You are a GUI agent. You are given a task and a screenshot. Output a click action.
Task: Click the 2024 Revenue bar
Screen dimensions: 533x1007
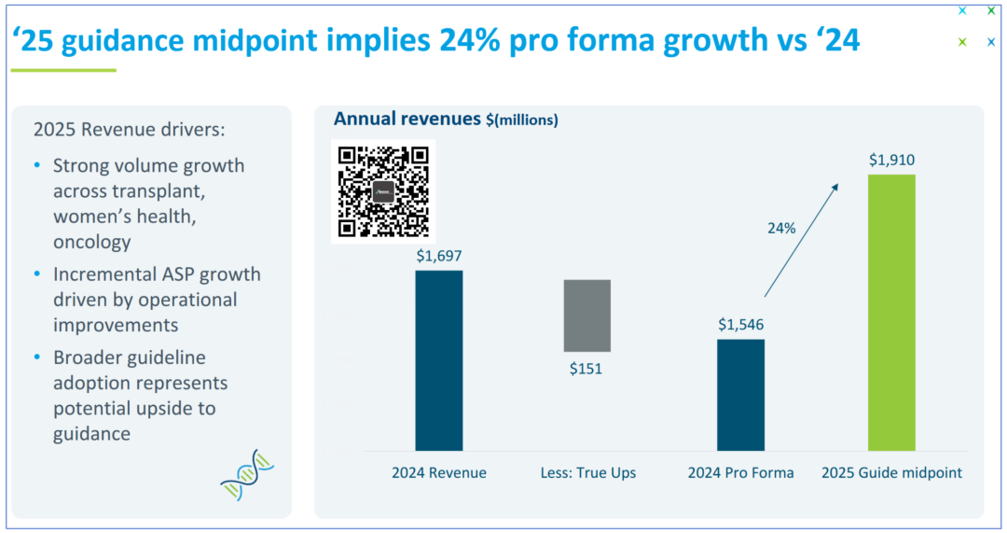pyautogui.click(x=438, y=359)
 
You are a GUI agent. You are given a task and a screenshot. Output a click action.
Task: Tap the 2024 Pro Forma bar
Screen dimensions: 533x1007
pyautogui.click(x=740, y=394)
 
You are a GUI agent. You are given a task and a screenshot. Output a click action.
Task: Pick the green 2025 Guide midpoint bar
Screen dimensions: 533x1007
pyautogui.click(x=891, y=312)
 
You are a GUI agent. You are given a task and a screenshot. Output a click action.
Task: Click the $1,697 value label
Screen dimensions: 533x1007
pyautogui.click(x=438, y=256)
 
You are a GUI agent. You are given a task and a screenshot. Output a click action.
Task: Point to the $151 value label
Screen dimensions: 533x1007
pyautogui.click(x=586, y=369)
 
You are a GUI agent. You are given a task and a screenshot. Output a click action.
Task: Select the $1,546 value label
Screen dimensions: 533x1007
pyautogui.click(x=741, y=325)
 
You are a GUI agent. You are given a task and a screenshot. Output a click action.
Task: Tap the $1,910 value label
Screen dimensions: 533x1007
pyautogui.click(x=891, y=161)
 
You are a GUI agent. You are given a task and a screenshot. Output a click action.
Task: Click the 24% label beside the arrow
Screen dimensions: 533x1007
pyautogui.click(x=781, y=227)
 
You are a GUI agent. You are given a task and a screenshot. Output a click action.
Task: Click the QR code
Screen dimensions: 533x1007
pyautogui.click(x=383, y=190)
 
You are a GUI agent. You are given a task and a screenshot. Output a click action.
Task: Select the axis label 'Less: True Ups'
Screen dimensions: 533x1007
pyautogui.click(x=587, y=472)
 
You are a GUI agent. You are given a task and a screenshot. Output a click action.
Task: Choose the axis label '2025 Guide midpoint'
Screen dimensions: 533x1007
pyautogui.click(x=891, y=472)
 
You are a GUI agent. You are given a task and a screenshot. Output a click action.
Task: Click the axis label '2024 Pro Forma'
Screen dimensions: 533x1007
pyautogui.click(x=741, y=472)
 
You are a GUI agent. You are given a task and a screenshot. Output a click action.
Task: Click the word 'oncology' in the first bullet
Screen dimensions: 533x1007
pyautogui.click(x=91, y=242)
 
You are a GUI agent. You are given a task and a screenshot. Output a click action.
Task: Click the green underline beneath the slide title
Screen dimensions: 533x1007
pyautogui.click(x=63, y=70)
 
